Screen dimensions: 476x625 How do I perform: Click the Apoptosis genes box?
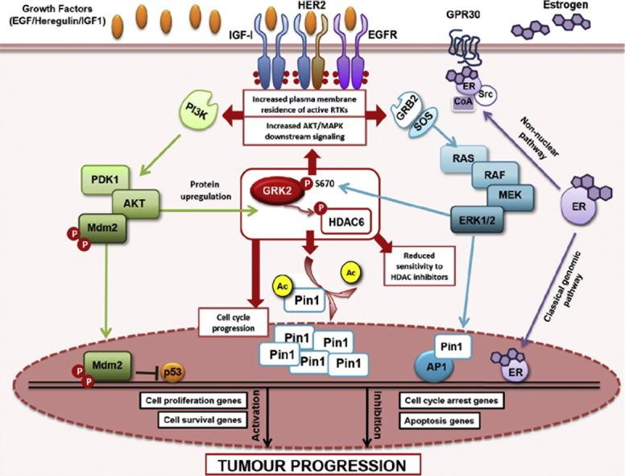pos(442,420)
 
